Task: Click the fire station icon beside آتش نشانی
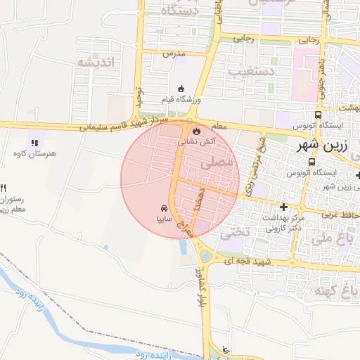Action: pos(196,131)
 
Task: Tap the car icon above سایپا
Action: pos(163,209)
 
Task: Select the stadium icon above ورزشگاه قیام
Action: pos(181,89)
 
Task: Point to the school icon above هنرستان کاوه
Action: pos(34,143)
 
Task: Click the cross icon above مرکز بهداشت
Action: pos(283,207)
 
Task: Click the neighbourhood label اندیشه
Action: pos(103,62)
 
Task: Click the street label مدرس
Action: pos(173,53)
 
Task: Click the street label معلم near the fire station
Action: pos(219,127)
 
